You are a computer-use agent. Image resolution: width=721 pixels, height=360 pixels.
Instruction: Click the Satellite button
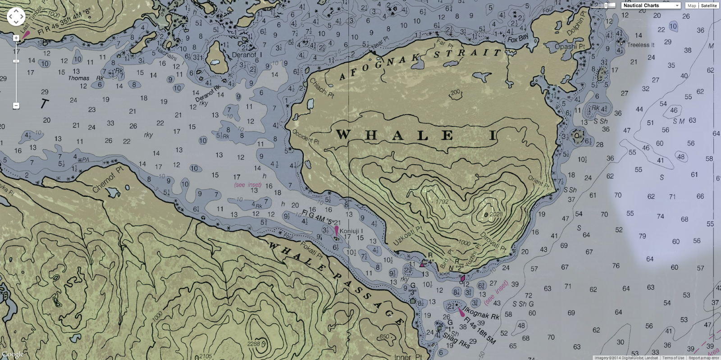coord(709,5)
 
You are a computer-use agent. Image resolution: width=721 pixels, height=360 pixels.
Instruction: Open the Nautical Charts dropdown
coord(651,5)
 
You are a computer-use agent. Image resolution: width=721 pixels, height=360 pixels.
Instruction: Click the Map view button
coord(692,5)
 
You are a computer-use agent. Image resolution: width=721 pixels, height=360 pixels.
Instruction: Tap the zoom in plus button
coord(16,38)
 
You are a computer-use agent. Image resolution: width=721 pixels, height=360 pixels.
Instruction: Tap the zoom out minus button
coord(16,106)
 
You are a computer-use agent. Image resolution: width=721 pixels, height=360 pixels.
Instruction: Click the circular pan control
coord(16,17)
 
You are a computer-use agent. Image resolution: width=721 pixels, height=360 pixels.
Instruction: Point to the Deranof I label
coord(244,55)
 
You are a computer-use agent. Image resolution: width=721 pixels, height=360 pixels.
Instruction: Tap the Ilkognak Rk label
coord(481,313)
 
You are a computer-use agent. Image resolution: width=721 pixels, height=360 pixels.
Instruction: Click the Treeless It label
coord(641,45)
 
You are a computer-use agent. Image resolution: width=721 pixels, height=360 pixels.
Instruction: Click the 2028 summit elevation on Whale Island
coord(496,214)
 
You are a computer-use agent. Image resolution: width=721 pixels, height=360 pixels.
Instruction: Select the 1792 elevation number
coord(442,201)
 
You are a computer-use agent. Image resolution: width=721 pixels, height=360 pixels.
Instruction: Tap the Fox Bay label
coord(518,39)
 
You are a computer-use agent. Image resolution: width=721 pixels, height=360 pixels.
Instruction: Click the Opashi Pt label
coord(570,46)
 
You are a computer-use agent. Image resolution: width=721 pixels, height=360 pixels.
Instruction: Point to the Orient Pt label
coord(538,182)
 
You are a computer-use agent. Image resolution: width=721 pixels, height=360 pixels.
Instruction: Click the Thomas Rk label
coord(86,78)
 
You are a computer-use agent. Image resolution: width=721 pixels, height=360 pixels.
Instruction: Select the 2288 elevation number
coord(254,344)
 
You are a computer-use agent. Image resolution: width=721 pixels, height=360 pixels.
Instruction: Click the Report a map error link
coord(704,358)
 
